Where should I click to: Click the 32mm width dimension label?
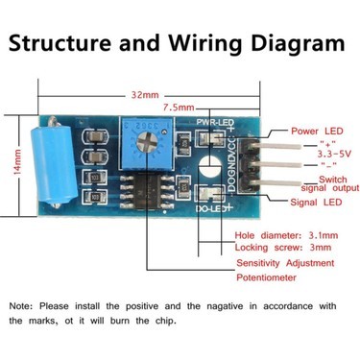tap(145, 95)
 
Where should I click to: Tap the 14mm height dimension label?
tap(17, 162)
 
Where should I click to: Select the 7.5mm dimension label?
tap(179, 108)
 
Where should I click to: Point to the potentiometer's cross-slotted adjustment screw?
tap(147, 142)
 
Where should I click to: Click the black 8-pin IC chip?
tap(147, 190)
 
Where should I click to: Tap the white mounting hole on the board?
tap(209, 166)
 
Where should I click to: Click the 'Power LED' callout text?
tap(317, 132)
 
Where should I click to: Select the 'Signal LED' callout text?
tap(316, 203)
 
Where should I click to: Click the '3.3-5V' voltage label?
tap(334, 154)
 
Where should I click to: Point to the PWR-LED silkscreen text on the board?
tap(215, 122)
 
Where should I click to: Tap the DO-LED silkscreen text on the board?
tap(214, 209)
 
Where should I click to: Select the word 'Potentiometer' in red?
tap(266, 277)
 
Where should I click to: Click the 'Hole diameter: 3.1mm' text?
tap(286, 235)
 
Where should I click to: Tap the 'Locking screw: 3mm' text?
tap(283, 248)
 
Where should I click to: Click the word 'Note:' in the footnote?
tap(21, 306)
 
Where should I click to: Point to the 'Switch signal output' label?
tap(330, 183)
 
